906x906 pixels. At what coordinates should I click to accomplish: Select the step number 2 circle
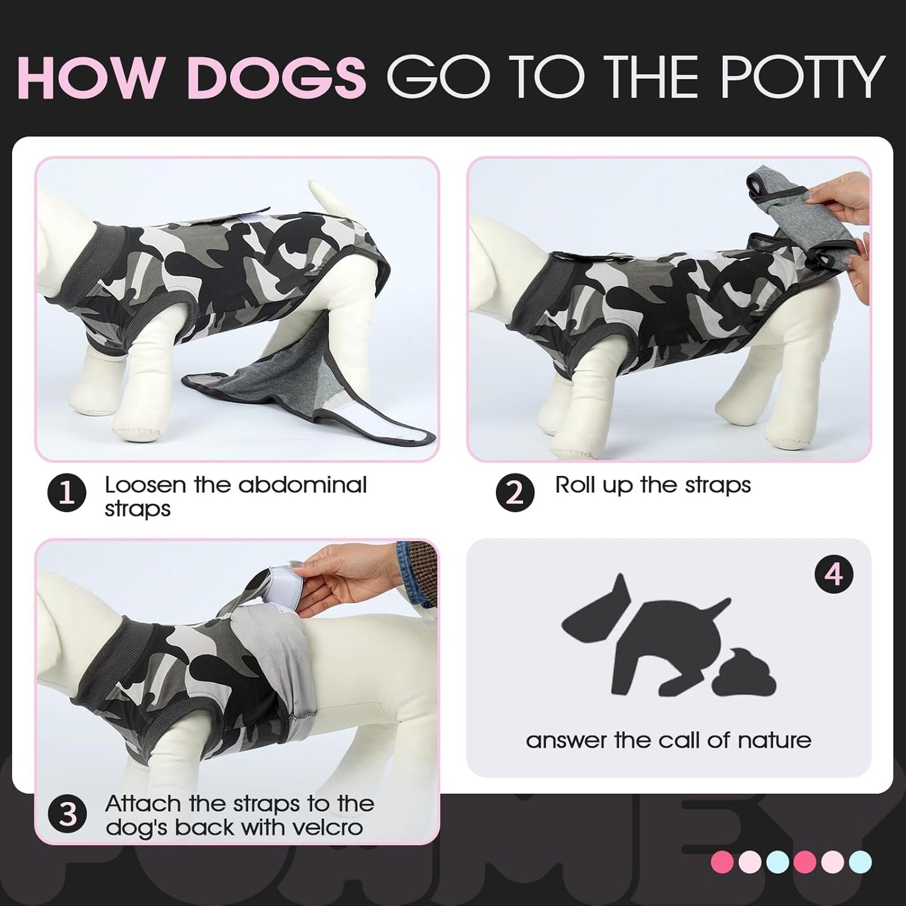pyautogui.click(x=514, y=493)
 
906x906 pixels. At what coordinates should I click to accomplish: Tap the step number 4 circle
pyautogui.click(x=833, y=574)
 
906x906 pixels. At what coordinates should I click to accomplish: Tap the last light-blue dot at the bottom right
pyautogui.click(x=860, y=862)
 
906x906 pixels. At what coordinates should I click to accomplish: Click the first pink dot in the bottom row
pyautogui.click(x=722, y=862)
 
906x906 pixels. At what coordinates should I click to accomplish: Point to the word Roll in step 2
pyautogui.click(x=575, y=485)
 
